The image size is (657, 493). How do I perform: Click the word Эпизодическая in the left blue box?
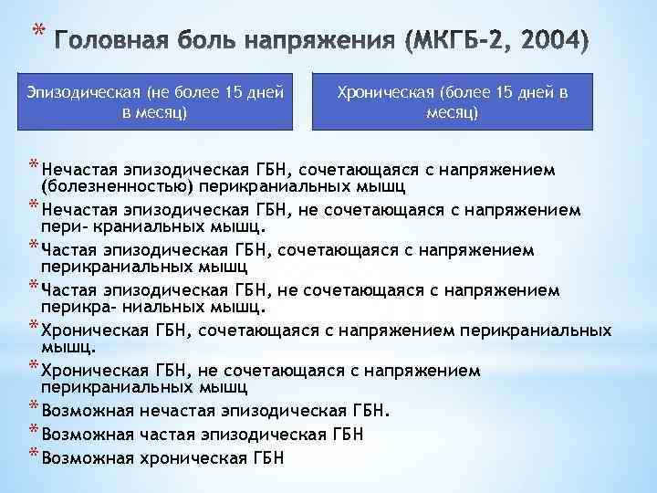(82, 93)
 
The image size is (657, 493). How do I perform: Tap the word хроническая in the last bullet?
(179, 457)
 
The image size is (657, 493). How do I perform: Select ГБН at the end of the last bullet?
(265, 457)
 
